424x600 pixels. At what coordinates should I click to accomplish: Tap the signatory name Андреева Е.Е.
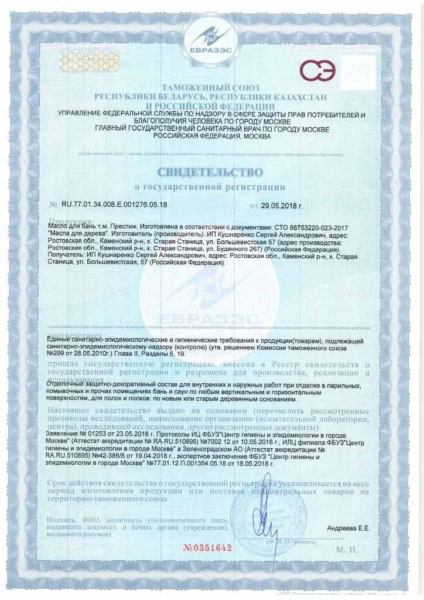349,529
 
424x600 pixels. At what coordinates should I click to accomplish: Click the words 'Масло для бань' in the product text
69,226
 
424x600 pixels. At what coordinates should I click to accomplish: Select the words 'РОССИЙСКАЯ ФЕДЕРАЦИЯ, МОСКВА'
212,136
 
